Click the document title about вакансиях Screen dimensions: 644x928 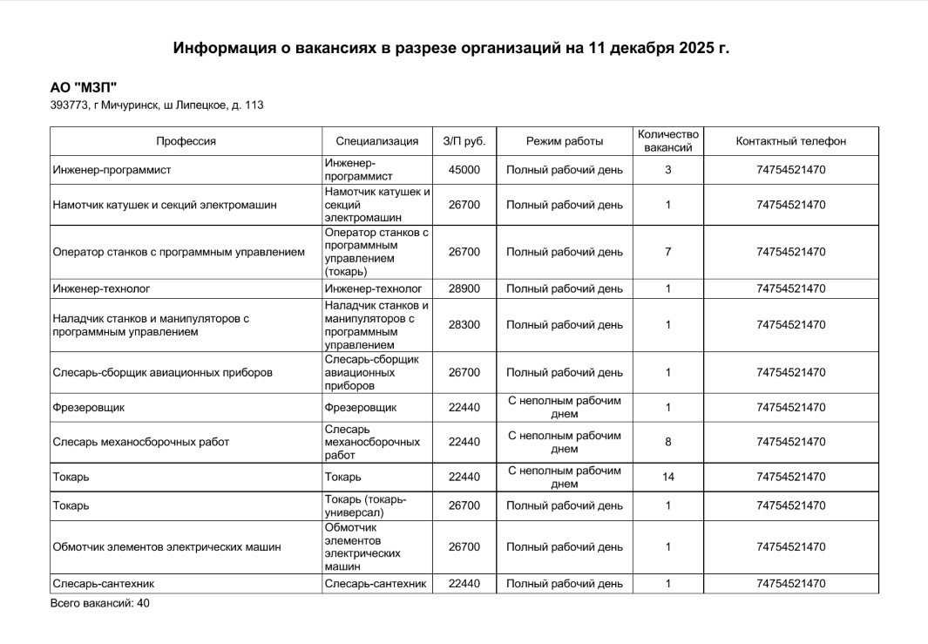pyautogui.click(x=450, y=47)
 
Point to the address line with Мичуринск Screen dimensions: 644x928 pyautogui.click(x=157, y=105)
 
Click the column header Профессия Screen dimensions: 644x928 pyautogui.click(x=186, y=141)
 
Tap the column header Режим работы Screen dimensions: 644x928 pyautogui.click(x=565, y=141)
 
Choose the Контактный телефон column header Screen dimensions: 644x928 pyautogui.click(x=790, y=141)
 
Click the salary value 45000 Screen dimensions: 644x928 pyautogui.click(x=464, y=170)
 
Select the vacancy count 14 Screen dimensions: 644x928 pyautogui.click(x=667, y=477)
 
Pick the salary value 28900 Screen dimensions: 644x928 pyautogui.click(x=464, y=288)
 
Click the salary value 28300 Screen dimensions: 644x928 pyautogui.click(x=464, y=325)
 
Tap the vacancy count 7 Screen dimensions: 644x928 pyautogui.click(x=667, y=252)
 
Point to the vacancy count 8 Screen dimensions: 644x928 pyautogui.click(x=667, y=442)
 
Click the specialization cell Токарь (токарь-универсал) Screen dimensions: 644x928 pyautogui.click(x=366, y=505)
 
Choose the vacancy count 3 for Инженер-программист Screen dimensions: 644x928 pyautogui.click(x=667, y=170)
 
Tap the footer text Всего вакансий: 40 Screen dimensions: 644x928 pyautogui.click(x=100, y=602)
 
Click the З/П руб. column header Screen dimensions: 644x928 pyautogui.click(x=464, y=141)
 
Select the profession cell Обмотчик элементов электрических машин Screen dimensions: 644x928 pyautogui.click(x=167, y=547)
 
